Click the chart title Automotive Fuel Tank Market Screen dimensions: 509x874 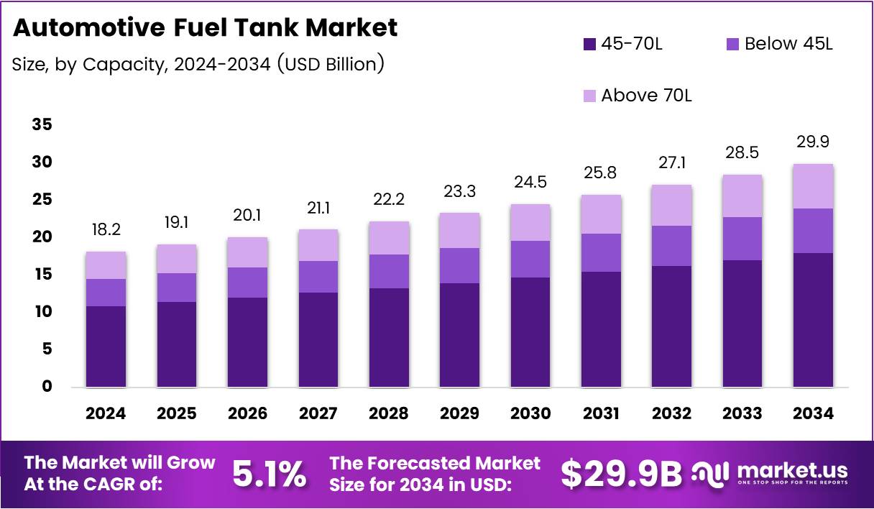(205, 28)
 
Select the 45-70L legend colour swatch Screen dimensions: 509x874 (589, 44)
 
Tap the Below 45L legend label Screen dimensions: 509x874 (788, 44)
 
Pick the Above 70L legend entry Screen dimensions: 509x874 (646, 95)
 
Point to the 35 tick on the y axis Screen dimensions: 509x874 (42, 125)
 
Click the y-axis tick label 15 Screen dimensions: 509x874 (42, 275)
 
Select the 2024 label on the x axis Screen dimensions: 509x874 (106, 413)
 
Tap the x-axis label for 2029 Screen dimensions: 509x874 (460, 413)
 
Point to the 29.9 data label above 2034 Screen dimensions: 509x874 (814, 142)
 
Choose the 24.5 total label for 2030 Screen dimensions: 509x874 (530, 183)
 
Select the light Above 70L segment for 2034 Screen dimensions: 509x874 (814, 186)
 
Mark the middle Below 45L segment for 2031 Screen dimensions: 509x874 (601, 252)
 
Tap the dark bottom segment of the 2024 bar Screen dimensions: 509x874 (106, 347)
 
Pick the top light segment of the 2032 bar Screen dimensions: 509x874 (672, 206)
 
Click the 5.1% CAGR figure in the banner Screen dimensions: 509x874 (270, 473)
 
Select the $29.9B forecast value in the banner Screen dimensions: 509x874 (621, 473)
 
